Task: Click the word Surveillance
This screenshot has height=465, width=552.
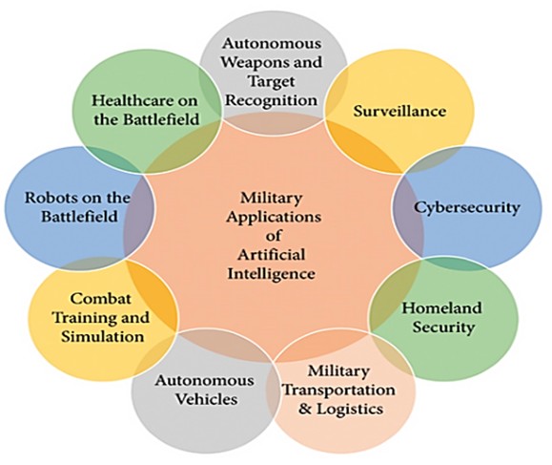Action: tap(399, 111)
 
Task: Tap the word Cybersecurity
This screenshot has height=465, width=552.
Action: tap(466, 207)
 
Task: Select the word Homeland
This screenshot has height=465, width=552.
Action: tap(441, 307)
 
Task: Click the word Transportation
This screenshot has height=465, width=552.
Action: tap(339, 390)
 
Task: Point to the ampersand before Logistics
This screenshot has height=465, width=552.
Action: tap(305, 410)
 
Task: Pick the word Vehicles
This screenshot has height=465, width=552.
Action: tap(206, 399)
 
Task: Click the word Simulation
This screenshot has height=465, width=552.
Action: tap(102, 336)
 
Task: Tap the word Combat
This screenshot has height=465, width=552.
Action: tap(100, 299)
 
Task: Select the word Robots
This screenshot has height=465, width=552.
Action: tap(50, 198)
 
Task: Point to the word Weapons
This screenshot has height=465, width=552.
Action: tap(252, 62)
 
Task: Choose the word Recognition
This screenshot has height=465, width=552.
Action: tap(272, 100)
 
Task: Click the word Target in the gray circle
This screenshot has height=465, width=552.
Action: tap(272, 81)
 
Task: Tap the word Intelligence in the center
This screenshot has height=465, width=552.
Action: tap(271, 274)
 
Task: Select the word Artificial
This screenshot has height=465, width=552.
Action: tap(271, 255)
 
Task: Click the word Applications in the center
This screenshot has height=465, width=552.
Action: tap(274, 217)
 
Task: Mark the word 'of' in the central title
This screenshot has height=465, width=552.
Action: tap(274, 236)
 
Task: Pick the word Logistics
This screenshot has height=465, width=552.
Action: tap(350, 410)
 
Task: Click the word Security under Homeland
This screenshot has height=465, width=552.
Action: tap(443, 328)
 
